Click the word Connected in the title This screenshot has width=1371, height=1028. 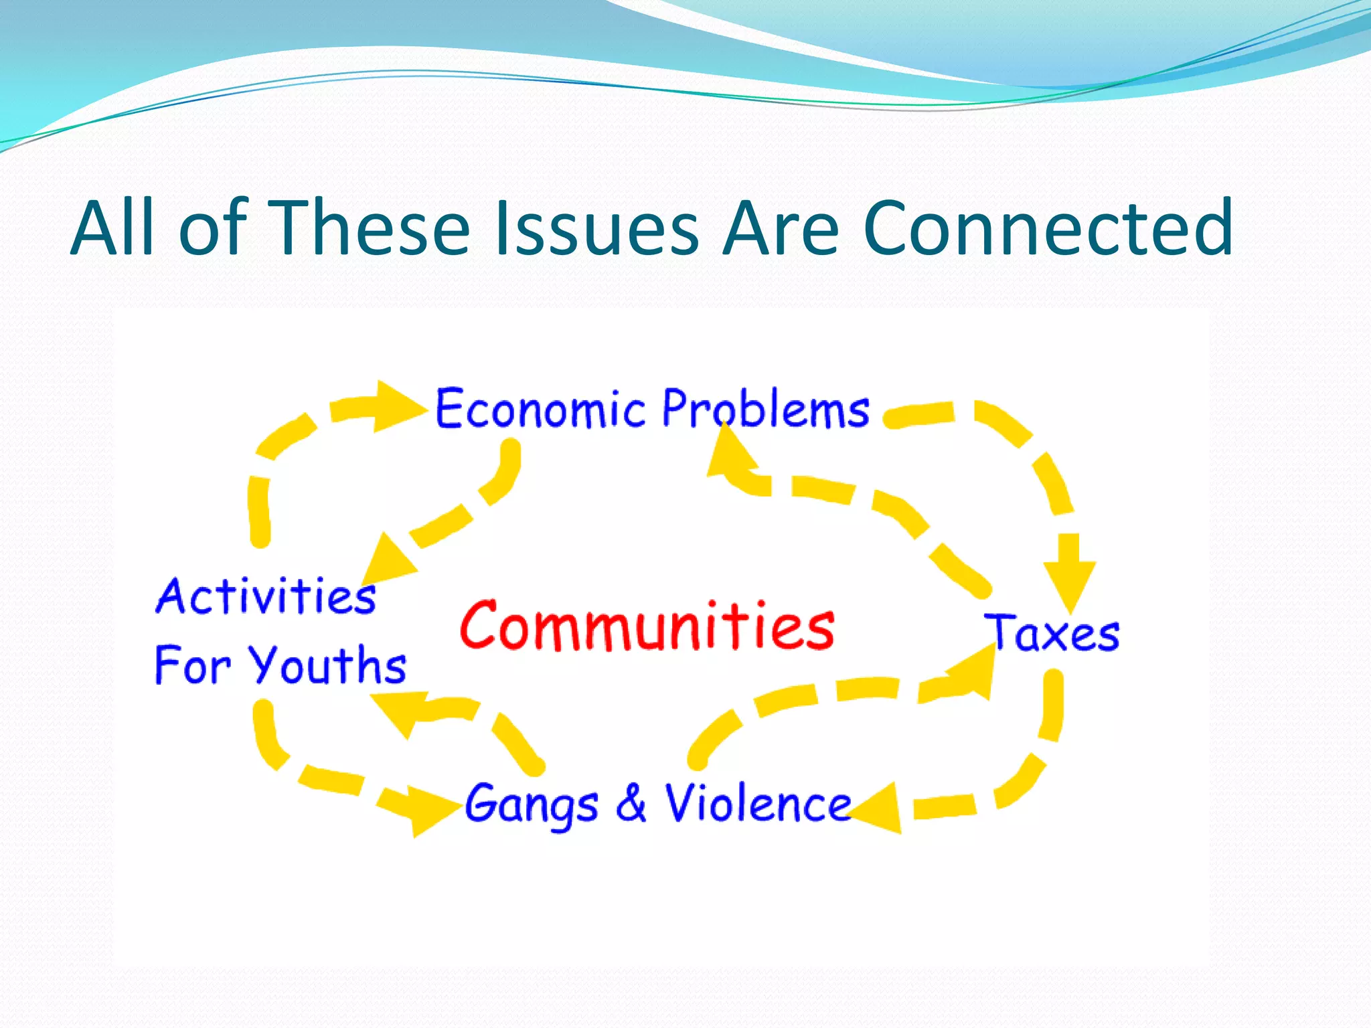(1048, 229)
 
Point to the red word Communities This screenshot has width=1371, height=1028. (647, 626)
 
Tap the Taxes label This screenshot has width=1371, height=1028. (1052, 633)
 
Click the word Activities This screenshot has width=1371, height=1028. (266, 596)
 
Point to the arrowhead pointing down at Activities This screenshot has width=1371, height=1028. (387, 561)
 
